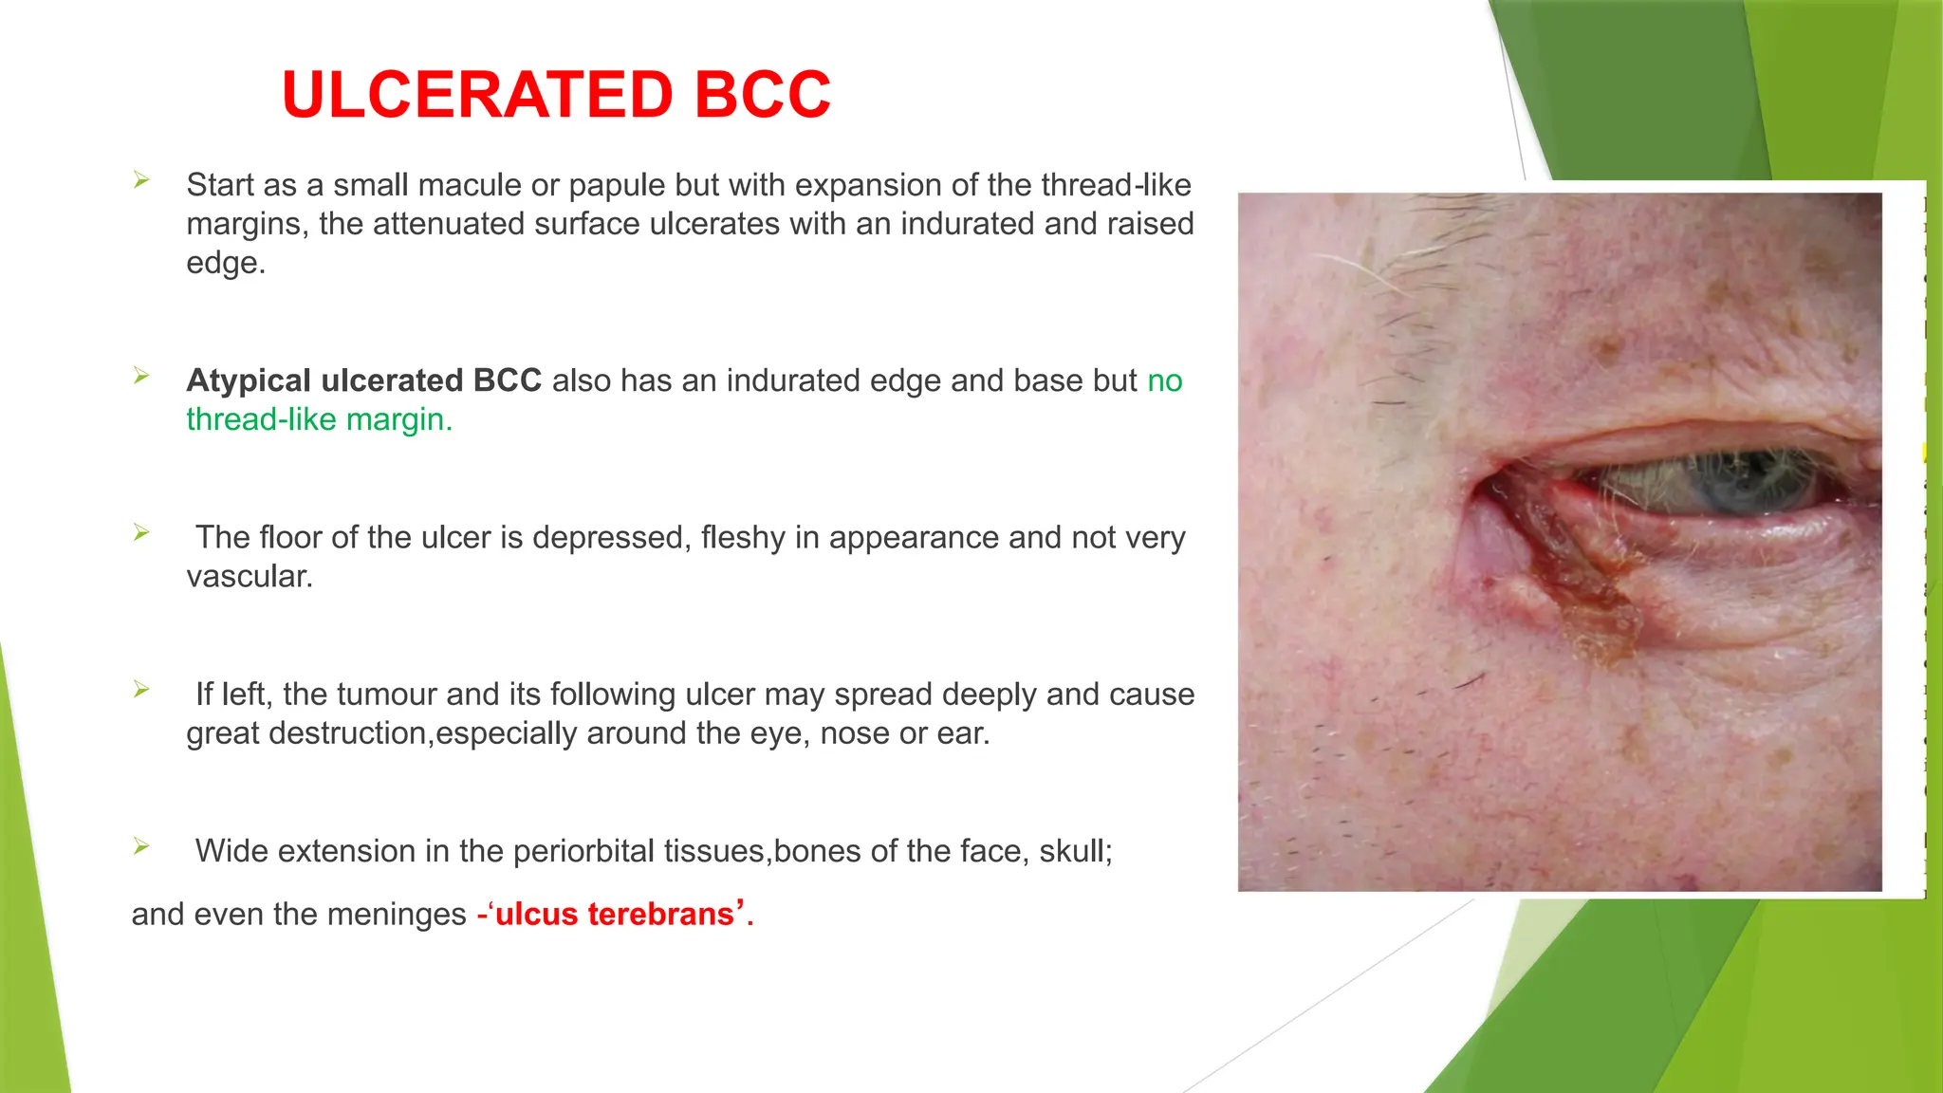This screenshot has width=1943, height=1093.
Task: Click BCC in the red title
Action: coord(762,95)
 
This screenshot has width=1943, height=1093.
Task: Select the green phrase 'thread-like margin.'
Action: coord(319,419)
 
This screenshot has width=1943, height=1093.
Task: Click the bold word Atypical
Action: coord(249,380)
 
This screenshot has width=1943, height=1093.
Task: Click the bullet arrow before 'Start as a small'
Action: coord(141,179)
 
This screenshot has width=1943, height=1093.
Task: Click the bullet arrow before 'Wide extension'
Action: coord(141,845)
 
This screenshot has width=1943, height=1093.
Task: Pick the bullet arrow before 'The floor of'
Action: coord(141,532)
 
